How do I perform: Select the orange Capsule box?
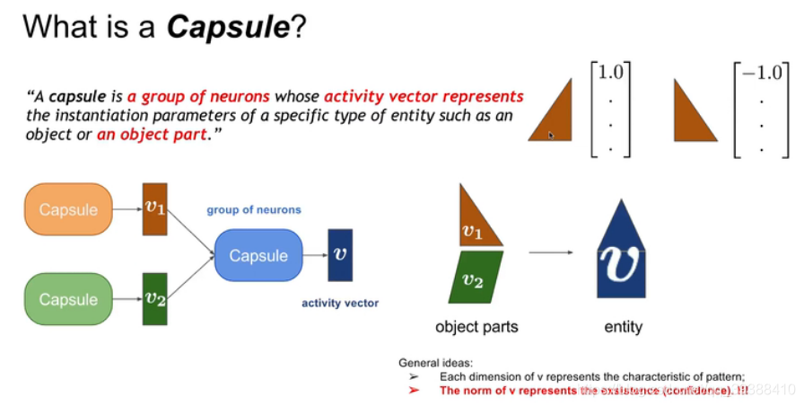[68, 209]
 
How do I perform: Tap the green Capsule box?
[68, 299]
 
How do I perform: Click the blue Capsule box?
[258, 256]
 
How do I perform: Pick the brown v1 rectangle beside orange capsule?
[154, 209]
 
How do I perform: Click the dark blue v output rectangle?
[339, 256]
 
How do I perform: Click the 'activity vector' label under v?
[339, 304]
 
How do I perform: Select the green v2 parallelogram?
[475, 278]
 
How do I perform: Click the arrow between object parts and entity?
[550, 253]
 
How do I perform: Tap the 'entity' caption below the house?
[623, 327]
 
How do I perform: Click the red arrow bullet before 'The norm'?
[414, 391]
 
